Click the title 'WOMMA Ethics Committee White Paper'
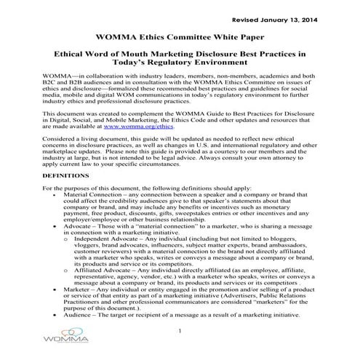click(x=180, y=37)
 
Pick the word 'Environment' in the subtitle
click(x=228, y=63)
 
